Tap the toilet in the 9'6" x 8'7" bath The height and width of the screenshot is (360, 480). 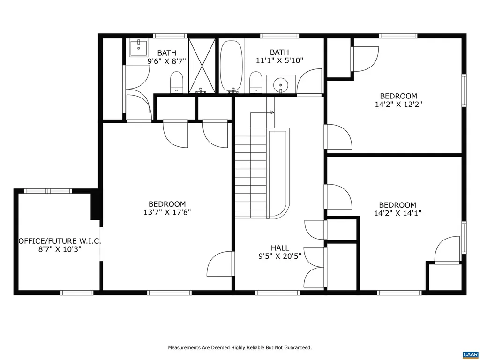pyautogui.click(x=177, y=82)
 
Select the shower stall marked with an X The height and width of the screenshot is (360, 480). pyautogui.click(x=202, y=66)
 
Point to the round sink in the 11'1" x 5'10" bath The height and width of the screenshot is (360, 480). pyautogui.click(x=281, y=84)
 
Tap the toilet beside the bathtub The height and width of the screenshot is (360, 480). pyautogui.click(x=255, y=82)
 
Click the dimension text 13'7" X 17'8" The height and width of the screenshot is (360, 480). pyautogui.click(x=167, y=212)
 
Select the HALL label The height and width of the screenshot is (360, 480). pyautogui.click(x=280, y=248)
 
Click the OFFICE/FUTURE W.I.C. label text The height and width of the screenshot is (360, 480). pyautogui.click(x=60, y=241)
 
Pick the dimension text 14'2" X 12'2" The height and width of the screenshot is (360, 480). pyautogui.click(x=398, y=105)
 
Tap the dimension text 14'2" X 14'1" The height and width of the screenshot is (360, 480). pyautogui.click(x=397, y=213)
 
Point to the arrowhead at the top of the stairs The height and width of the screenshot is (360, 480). pyautogui.click(x=272, y=112)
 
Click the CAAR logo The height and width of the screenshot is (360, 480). pyautogui.click(x=470, y=354)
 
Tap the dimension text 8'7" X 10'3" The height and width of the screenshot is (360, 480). pyautogui.click(x=60, y=249)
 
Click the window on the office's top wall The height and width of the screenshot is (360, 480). pyautogui.click(x=47, y=191)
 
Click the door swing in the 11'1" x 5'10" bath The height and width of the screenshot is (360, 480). pyautogui.click(x=310, y=82)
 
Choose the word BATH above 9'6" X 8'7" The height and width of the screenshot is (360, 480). pyautogui.click(x=167, y=53)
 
